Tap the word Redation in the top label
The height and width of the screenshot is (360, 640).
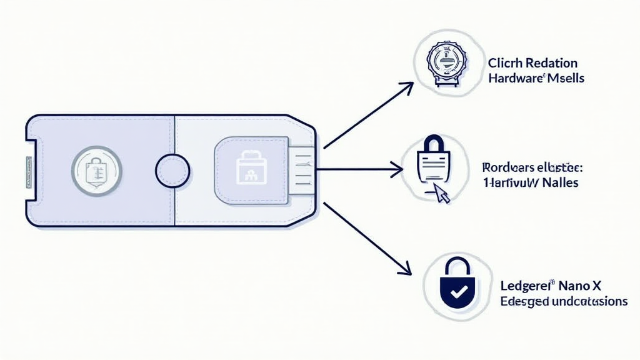coord(551,63)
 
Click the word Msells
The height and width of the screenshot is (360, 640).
coord(566,79)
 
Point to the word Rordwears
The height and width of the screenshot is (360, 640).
coord(508,167)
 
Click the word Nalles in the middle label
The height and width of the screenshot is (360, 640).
coord(557,183)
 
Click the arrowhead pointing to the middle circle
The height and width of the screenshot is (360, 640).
coord(396,167)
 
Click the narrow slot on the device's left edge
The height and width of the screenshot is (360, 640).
coord(29,170)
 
